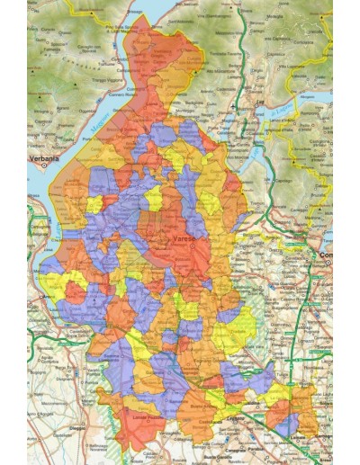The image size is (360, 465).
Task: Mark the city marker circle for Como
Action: click(x=318, y=256)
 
